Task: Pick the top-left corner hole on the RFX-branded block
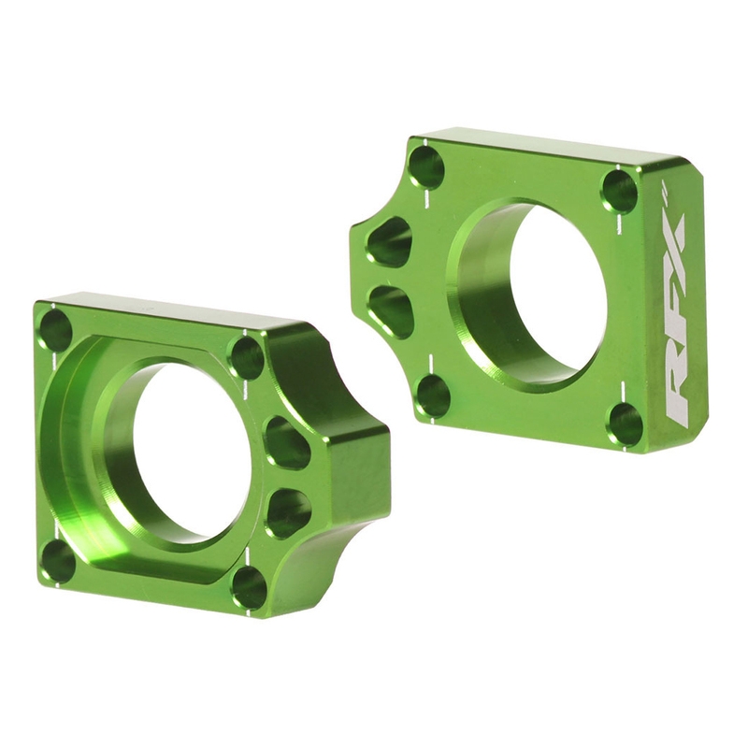[x=426, y=167]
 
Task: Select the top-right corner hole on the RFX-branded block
[x=620, y=190]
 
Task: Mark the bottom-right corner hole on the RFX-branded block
[x=626, y=424]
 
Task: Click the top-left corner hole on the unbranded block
[x=56, y=329]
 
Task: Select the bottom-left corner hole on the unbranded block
[x=58, y=560]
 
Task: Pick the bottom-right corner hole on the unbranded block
[x=249, y=587]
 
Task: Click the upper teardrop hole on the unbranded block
[x=286, y=442]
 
